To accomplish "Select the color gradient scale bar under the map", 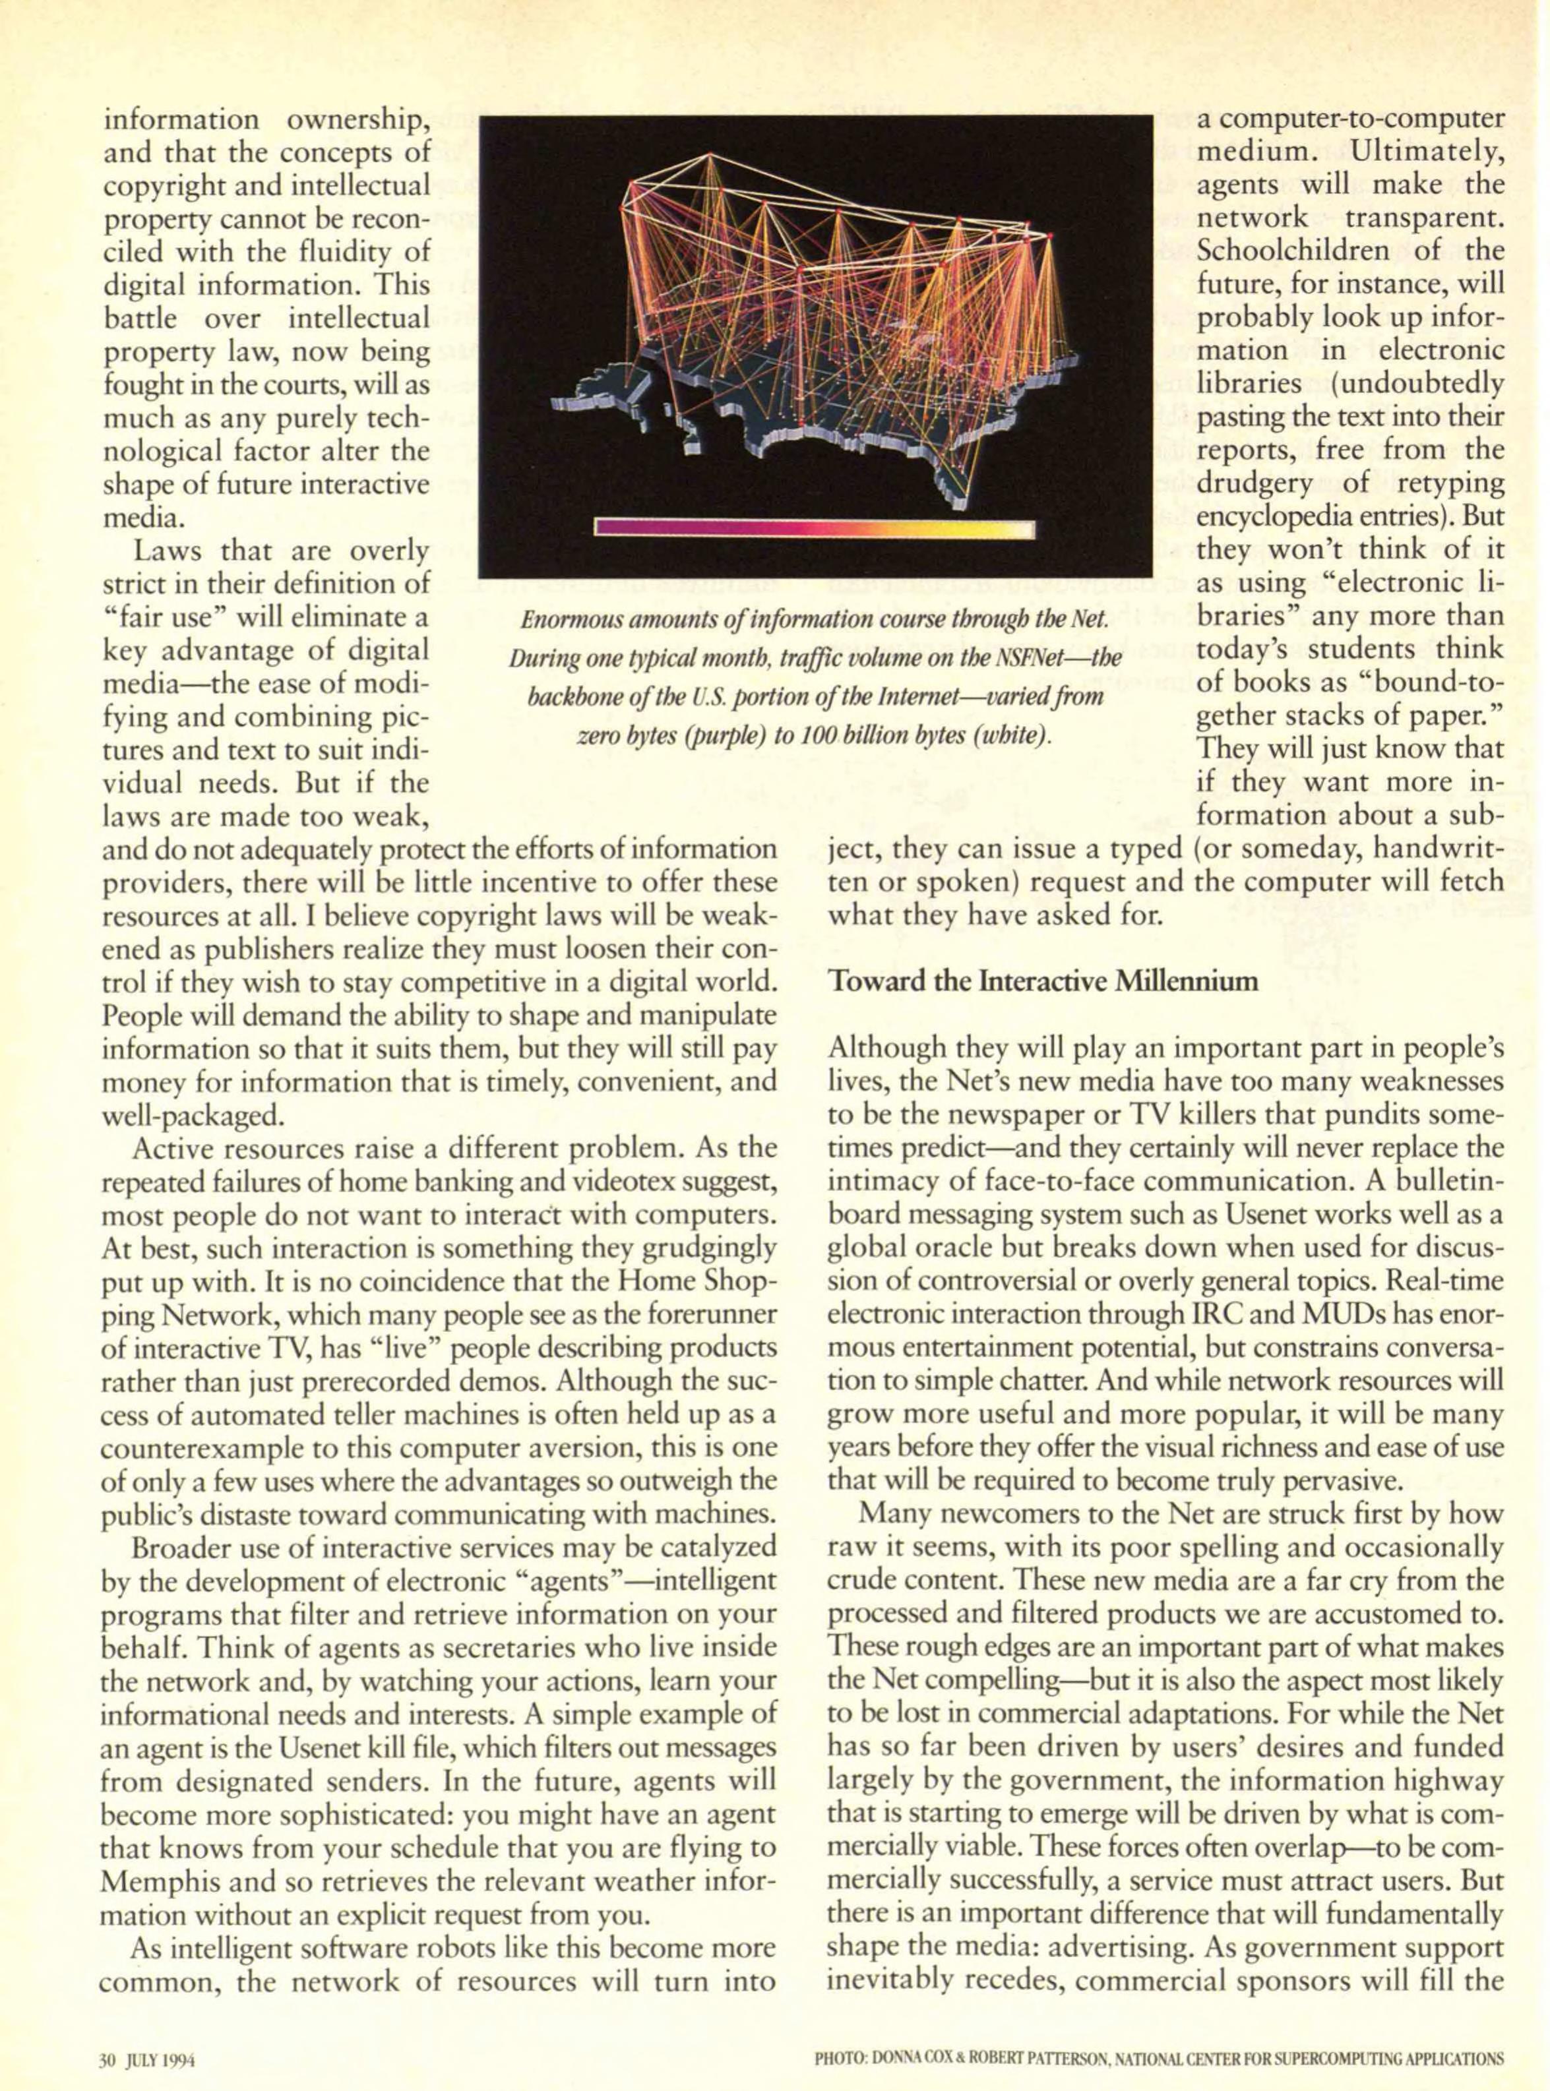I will pyautogui.click(x=815, y=529).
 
